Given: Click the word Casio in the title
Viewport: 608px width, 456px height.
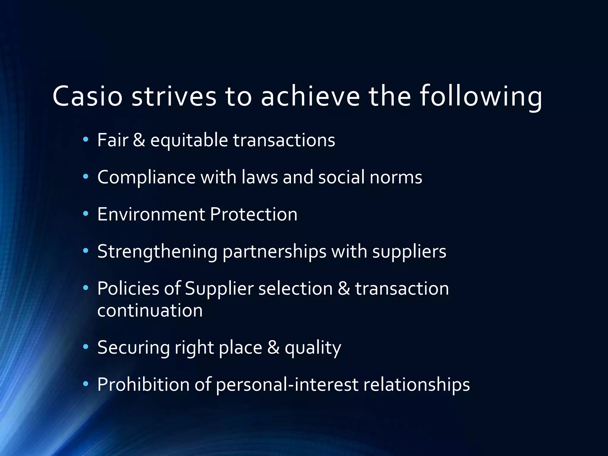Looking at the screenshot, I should pyautogui.click(x=87, y=96).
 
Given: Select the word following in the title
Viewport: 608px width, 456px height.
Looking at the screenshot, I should pyautogui.click(x=481, y=96).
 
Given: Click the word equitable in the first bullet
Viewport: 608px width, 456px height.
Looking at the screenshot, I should pyautogui.click(x=189, y=140).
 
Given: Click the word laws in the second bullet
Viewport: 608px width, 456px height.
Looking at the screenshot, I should pyautogui.click(x=259, y=177).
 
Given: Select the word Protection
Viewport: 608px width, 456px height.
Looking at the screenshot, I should pyautogui.click(x=254, y=214).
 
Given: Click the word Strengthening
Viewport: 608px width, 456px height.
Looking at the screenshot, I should pyautogui.click(x=157, y=251).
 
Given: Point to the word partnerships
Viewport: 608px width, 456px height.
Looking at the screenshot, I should pyautogui.click(x=274, y=251).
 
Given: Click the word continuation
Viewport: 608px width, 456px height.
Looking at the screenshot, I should pyautogui.click(x=150, y=311).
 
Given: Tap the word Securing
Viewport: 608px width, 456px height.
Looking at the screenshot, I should pyautogui.click(x=133, y=348).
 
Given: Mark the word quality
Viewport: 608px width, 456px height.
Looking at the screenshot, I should pyautogui.click(x=313, y=348).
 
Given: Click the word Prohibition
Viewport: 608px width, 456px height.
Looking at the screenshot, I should pyautogui.click(x=143, y=385).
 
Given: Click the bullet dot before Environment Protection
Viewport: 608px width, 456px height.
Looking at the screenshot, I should pyautogui.click(x=86, y=214).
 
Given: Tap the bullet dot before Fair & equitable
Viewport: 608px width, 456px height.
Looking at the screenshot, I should pyautogui.click(x=86, y=140).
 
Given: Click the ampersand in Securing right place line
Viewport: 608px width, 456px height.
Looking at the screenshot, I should pyautogui.click(x=273, y=348).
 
